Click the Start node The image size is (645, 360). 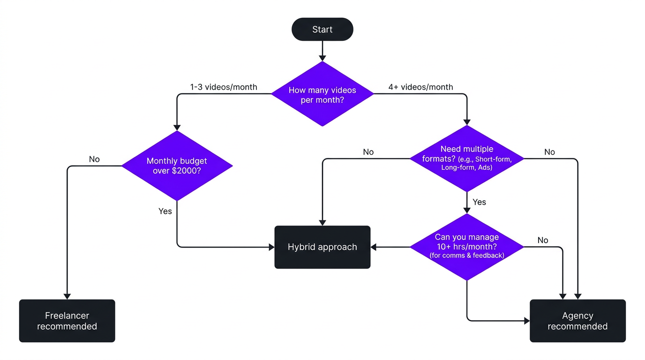click(x=322, y=30)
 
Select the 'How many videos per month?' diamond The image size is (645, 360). click(x=322, y=94)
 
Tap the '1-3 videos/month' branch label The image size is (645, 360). click(x=224, y=87)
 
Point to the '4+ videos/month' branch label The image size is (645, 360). click(x=420, y=87)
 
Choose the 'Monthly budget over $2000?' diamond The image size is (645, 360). click(x=177, y=165)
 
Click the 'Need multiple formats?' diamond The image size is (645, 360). click(x=466, y=158)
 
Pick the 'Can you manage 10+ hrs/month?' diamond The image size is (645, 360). click(x=466, y=247)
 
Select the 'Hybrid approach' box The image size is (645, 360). click(x=322, y=247)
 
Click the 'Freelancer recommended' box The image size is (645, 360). click(x=67, y=321)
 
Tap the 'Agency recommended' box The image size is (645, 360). click(x=577, y=321)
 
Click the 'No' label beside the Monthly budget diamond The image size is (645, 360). click(x=94, y=159)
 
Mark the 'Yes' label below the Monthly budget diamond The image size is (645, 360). click(x=165, y=211)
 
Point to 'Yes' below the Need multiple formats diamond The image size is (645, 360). click(x=479, y=202)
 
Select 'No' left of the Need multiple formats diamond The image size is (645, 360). click(x=368, y=152)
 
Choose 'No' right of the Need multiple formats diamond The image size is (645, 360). click(x=549, y=152)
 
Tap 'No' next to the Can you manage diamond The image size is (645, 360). click(x=543, y=240)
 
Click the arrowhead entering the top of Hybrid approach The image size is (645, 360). click(x=322, y=222)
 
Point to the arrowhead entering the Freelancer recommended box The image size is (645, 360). click(x=67, y=296)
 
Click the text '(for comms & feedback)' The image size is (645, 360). click(x=466, y=255)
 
